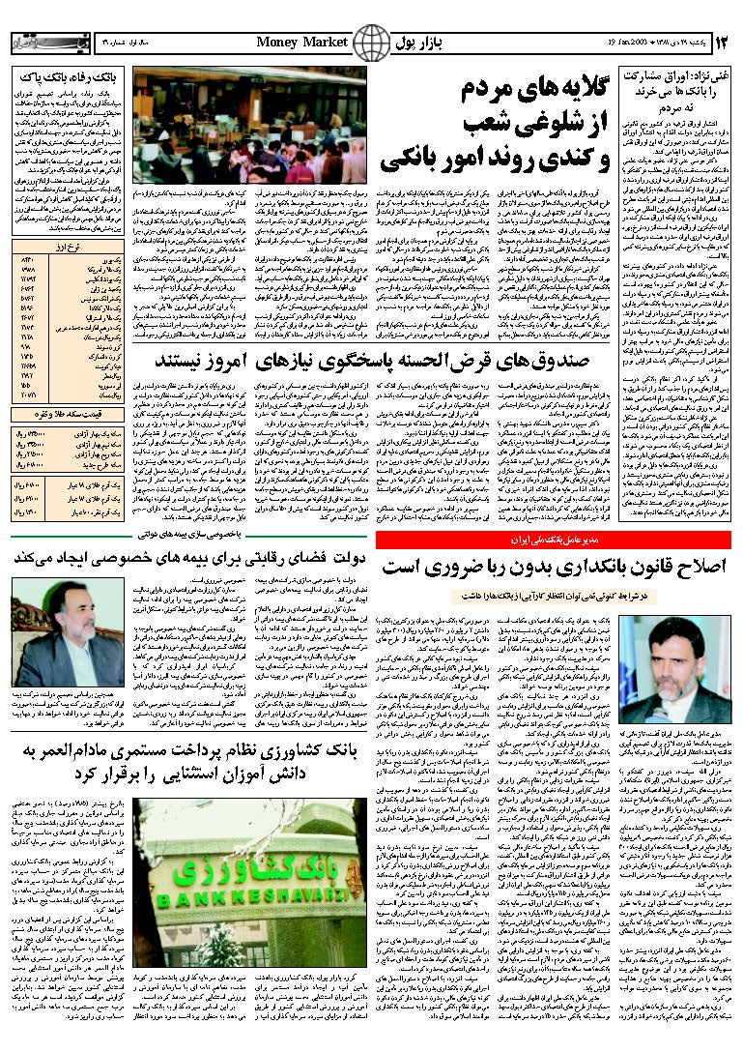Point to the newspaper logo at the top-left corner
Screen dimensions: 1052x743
(37, 44)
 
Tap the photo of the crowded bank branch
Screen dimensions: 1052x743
(249, 126)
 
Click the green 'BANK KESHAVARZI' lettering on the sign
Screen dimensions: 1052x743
(204, 895)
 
